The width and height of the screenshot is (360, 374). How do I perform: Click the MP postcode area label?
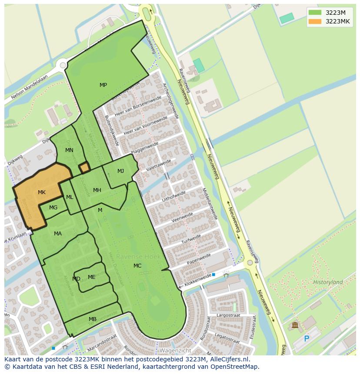(x=103, y=85)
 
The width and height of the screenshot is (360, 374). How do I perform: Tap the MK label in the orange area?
(x=42, y=192)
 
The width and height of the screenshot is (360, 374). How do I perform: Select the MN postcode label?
(x=69, y=150)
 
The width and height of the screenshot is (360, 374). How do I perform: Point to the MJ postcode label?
(x=120, y=171)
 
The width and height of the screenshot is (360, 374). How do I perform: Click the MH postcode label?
(x=97, y=190)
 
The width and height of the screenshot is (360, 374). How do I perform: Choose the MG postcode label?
(x=53, y=208)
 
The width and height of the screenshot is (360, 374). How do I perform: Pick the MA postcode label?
(x=58, y=234)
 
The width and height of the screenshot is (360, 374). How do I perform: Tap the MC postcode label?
(x=137, y=266)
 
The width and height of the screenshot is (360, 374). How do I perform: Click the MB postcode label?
(x=93, y=319)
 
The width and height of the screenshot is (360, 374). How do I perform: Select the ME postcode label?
(x=91, y=277)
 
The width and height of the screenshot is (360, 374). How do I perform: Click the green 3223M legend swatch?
(x=314, y=13)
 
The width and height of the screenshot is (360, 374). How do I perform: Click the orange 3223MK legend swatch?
(x=314, y=21)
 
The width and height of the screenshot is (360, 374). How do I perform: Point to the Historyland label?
(x=328, y=282)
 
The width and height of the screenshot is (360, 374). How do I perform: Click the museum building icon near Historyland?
(x=295, y=325)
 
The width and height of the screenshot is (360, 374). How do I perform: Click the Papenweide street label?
(x=199, y=259)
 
